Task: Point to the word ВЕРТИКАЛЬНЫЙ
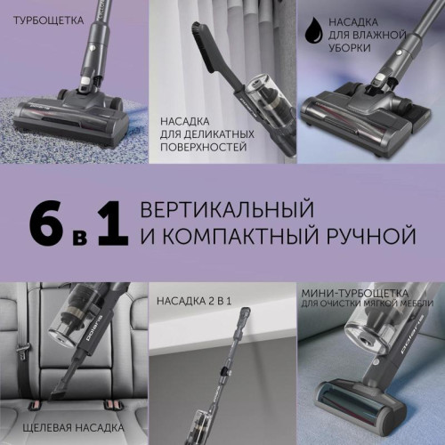pyautogui.click(x=227, y=210)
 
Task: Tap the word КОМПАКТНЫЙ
pyautogui.click(x=238, y=238)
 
